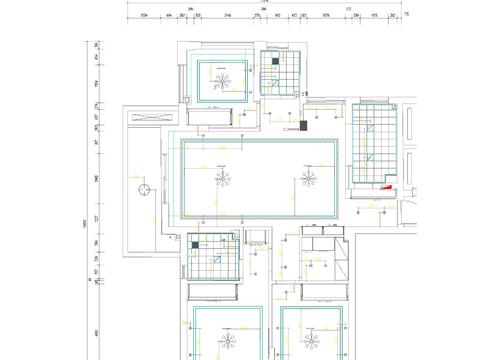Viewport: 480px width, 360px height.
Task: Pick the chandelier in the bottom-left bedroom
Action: point(227,336)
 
